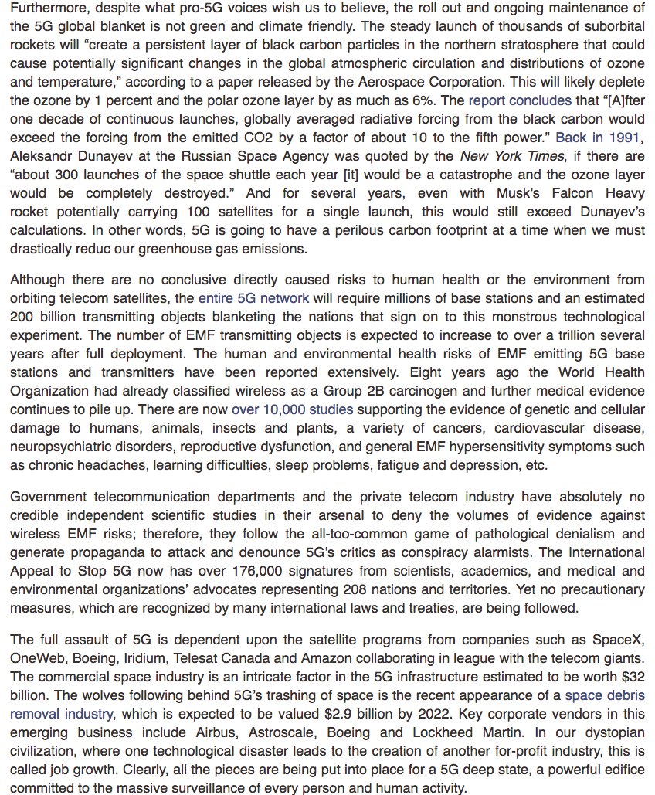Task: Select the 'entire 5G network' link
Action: click(253, 298)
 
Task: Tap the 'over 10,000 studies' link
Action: click(292, 409)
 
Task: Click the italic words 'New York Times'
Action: click(502, 156)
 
